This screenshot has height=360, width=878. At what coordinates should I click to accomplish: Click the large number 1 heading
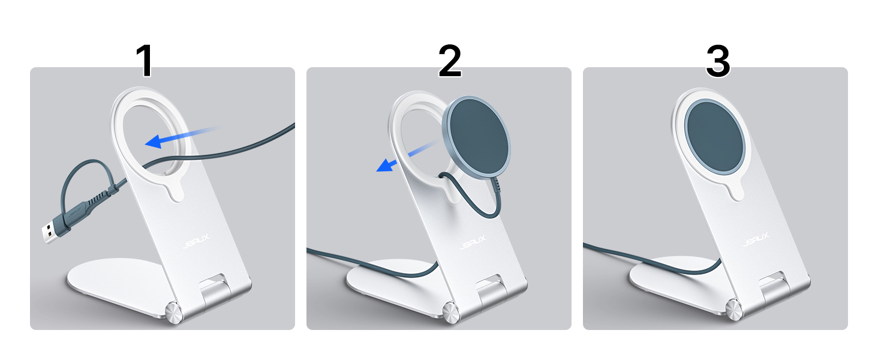click(145, 62)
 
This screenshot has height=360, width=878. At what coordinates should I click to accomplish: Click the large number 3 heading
click(717, 62)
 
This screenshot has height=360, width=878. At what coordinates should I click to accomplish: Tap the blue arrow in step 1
click(180, 137)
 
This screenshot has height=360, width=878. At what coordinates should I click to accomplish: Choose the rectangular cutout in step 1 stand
click(215, 286)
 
